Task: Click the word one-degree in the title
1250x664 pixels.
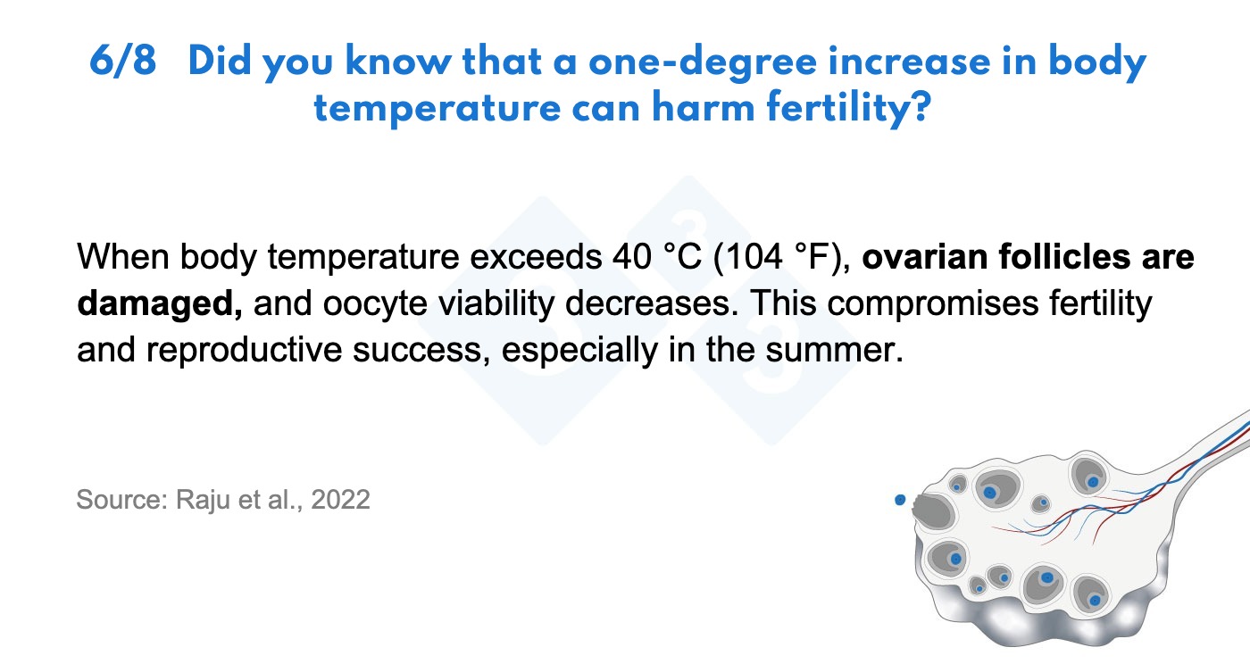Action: tap(703, 62)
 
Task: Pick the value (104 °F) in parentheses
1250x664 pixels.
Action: tap(782, 257)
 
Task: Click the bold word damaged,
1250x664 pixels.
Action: tap(160, 304)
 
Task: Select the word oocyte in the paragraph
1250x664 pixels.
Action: tap(375, 304)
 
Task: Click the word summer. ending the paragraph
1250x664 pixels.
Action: tap(834, 351)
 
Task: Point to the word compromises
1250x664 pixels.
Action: tap(932, 304)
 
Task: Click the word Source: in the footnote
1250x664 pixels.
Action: tap(122, 500)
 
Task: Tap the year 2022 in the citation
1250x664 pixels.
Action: tap(340, 500)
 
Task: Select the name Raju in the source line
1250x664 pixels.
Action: tap(203, 501)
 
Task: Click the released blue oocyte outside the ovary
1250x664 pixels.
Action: tap(900, 500)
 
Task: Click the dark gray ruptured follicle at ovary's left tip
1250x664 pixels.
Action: tap(932, 511)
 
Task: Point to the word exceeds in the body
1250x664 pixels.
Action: tap(536, 257)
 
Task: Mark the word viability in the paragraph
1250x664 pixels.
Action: tap(496, 304)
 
